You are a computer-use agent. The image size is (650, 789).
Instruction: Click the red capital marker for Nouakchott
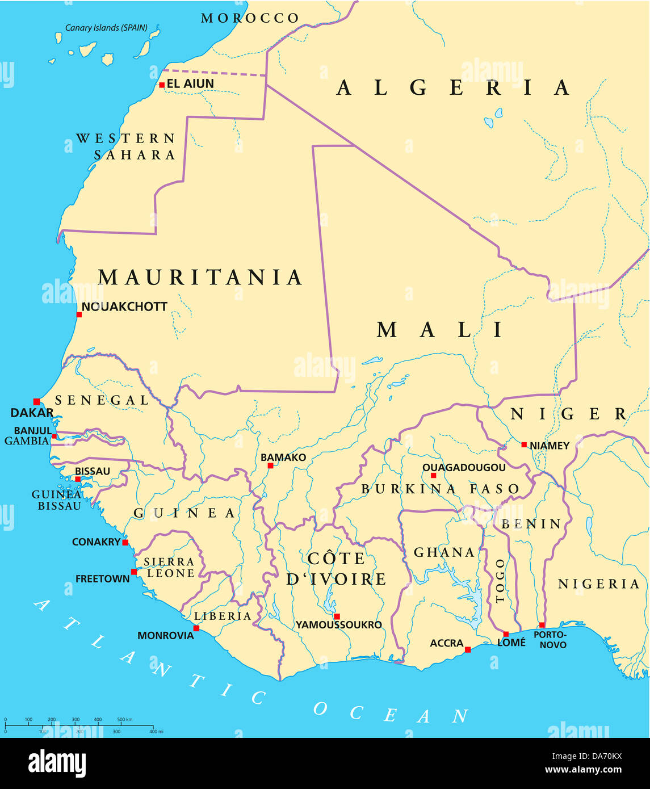(x=79, y=314)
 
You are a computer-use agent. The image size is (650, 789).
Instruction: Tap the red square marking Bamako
(x=270, y=465)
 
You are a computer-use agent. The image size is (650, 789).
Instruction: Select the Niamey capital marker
(x=524, y=444)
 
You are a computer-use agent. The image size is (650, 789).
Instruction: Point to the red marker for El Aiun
(x=162, y=85)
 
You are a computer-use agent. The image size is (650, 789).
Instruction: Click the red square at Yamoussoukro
(x=337, y=616)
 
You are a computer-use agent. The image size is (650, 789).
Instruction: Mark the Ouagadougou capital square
(x=433, y=475)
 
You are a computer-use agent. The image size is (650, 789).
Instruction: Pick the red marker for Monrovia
(x=196, y=628)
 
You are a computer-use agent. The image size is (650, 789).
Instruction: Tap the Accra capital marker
(x=468, y=649)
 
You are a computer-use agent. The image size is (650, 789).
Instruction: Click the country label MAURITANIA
(x=200, y=278)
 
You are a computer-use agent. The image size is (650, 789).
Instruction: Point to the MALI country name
(x=441, y=330)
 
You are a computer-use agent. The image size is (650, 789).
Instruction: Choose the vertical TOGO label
(x=500, y=581)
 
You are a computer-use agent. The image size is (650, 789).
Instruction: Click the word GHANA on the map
(x=444, y=552)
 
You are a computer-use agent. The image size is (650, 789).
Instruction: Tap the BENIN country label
(x=531, y=524)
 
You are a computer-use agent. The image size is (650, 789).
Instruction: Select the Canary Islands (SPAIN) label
(x=106, y=28)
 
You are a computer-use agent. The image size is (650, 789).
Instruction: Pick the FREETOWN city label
(x=103, y=579)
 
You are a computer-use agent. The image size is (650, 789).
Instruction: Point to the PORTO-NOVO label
(x=550, y=640)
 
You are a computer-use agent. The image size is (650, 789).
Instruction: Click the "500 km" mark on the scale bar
(x=124, y=720)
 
